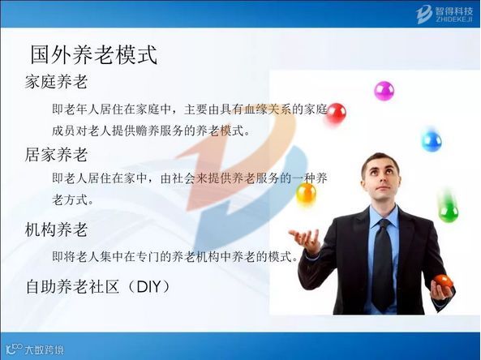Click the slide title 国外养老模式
click(94, 55)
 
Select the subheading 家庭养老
click(56, 82)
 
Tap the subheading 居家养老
click(56, 154)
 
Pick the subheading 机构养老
click(56, 229)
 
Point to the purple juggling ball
click(384, 91)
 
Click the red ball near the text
click(336, 114)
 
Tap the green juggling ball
click(449, 212)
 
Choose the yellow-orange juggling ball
click(306, 194)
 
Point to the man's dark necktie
click(383, 264)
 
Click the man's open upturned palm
click(303, 238)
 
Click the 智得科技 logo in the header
click(444, 14)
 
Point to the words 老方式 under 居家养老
click(70, 200)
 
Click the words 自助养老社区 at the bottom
click(72, 287)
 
